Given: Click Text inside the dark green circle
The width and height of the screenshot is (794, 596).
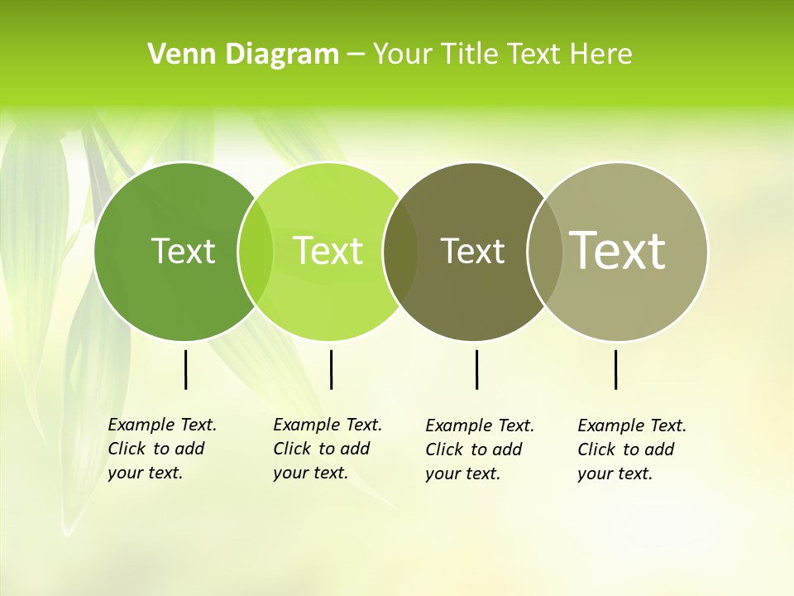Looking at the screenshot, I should (183, 251).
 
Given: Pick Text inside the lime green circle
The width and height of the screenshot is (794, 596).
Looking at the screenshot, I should (328, 251).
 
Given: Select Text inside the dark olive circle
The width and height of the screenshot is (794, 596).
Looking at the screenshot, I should (472, 251).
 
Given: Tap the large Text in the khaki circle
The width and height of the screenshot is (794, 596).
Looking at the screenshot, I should (618, 250).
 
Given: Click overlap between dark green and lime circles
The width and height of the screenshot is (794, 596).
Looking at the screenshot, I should (256, 251).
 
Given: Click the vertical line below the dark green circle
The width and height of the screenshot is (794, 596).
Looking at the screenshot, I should (185, 369).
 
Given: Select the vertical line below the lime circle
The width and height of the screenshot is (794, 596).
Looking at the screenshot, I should (331, 369).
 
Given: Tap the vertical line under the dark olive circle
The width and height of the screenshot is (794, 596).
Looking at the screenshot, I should (476, 369).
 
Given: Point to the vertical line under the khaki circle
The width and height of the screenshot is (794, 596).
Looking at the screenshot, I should (616, 369).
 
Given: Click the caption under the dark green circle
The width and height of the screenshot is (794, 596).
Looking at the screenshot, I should (161, 449).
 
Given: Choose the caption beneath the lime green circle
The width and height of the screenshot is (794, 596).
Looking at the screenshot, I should (327, 449).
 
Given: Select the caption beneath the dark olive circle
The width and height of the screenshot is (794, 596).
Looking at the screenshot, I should (479, 449).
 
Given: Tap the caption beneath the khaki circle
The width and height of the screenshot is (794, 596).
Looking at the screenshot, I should (631, 449).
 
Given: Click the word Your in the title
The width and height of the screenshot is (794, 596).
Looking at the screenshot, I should (402, 55).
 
